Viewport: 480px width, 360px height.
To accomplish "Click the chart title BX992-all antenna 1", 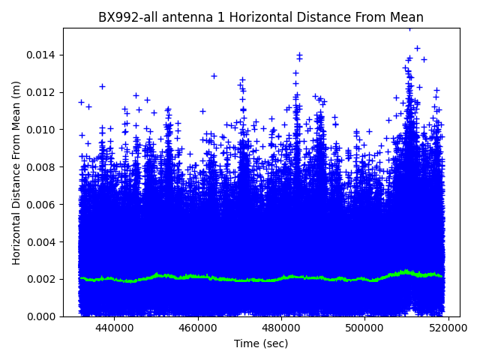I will pos(260,17).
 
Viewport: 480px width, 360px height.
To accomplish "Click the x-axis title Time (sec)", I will pos(260,343).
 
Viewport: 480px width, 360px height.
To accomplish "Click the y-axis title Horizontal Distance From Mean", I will pos(16,172).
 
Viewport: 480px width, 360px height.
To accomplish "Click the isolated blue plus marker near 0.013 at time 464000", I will pos(214,76).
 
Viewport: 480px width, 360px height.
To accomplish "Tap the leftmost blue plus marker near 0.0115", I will pos(81,102).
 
